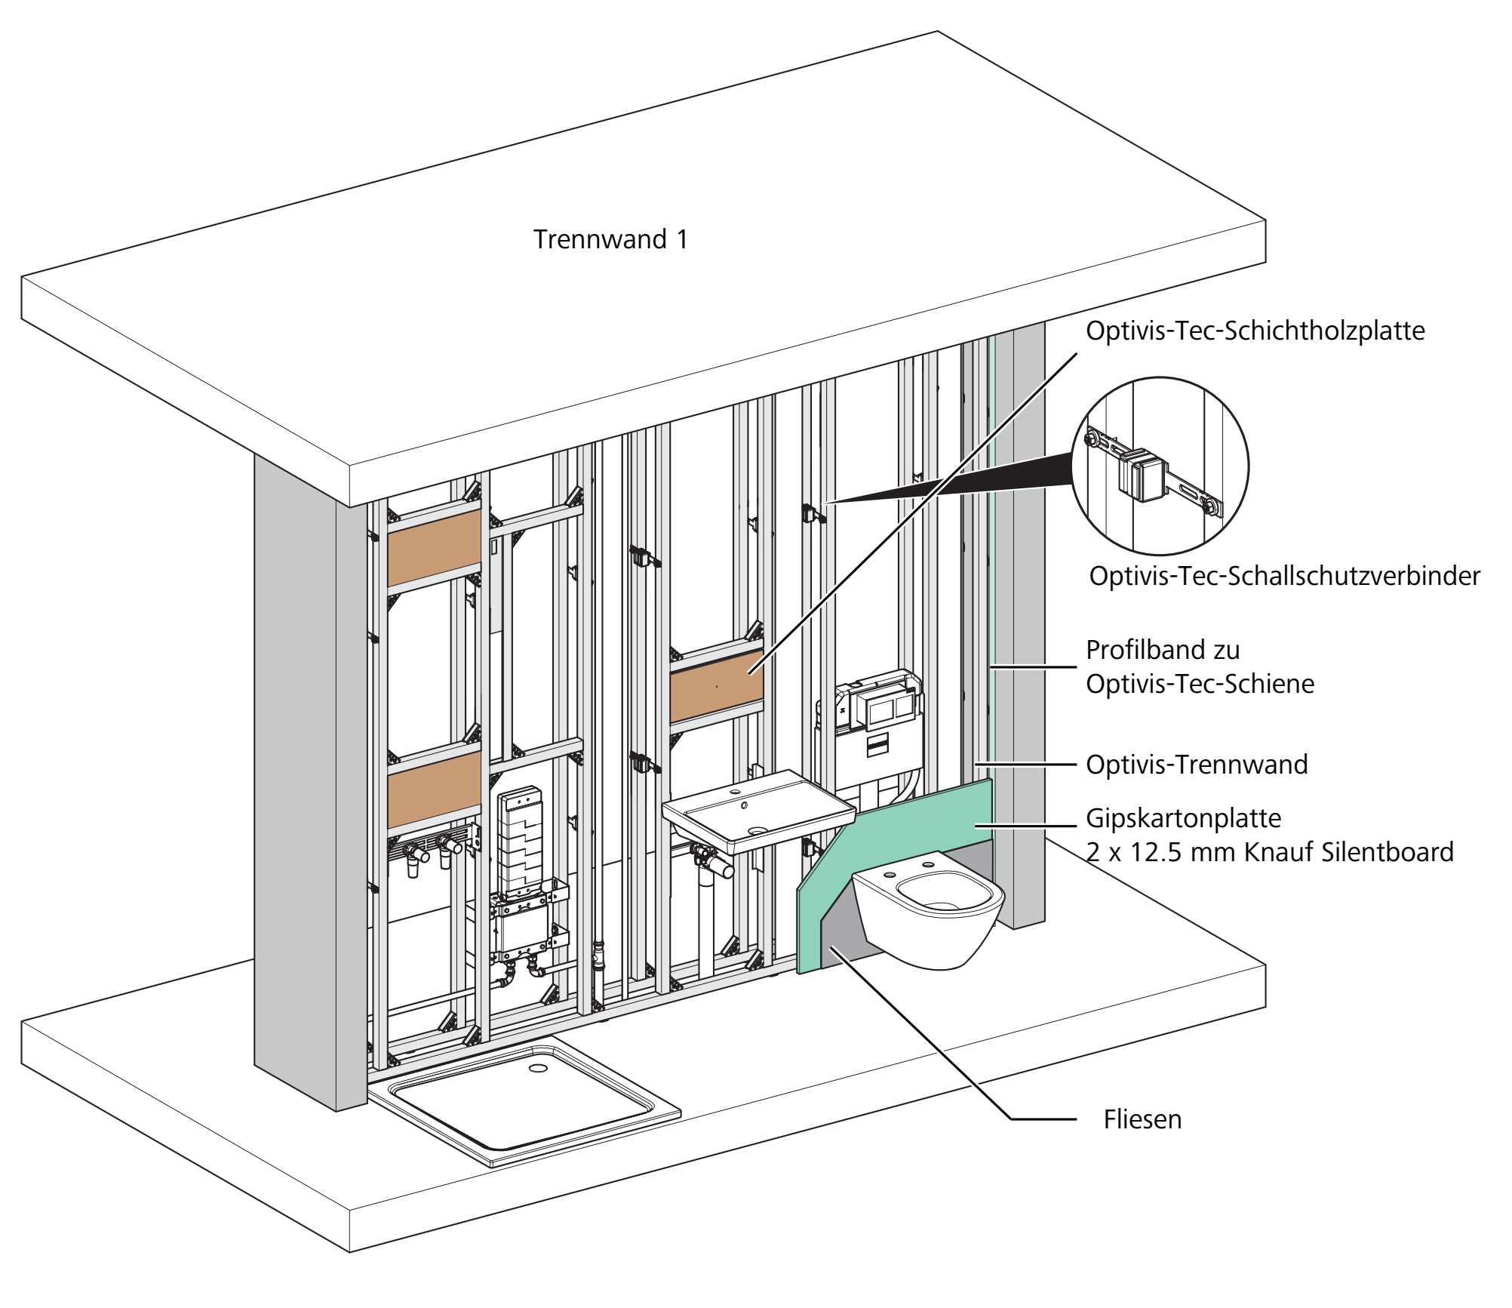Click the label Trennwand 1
point(610,239)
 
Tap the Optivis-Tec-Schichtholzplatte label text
point(1255,331)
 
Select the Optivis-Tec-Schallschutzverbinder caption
point(1285,576)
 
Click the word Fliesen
point(1142,1119)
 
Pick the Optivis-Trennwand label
point(1197,765)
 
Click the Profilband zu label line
point(1163,650)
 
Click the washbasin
point(758,811)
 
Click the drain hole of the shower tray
point(539,1068)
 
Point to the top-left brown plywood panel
point(435,547)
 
